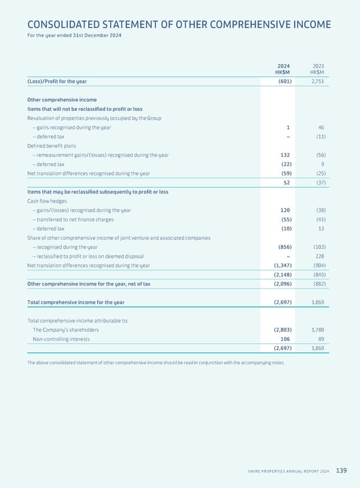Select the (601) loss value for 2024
point(282,81)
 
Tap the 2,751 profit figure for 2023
point(317,81)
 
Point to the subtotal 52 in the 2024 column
point(287,183)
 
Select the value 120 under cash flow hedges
point(285,210)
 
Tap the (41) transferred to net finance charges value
point(319,219)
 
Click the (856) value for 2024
point(281,247)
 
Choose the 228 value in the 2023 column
point(320,256)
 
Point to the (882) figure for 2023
point(318,284)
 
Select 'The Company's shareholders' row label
point(66,330)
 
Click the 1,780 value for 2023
point(317,330)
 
